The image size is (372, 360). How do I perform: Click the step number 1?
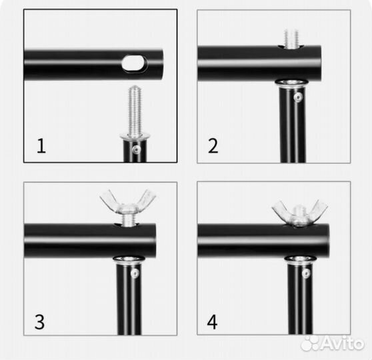[41, 146]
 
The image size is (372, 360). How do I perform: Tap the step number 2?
[213, 146]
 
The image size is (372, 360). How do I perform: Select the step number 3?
[39, 322]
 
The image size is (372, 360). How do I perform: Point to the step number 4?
[212, 322]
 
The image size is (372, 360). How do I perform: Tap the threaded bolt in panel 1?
[135, 111]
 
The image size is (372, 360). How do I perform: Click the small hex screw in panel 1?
[137, 149]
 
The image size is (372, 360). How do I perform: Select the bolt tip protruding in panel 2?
[291, 38]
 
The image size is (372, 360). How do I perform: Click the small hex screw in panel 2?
[298, 97]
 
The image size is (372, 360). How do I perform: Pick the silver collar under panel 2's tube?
[291, 83]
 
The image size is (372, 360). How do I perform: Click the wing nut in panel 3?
[127, 203]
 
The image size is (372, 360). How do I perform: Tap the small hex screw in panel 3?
[135, 273]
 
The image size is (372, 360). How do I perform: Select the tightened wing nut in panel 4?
[299, 213]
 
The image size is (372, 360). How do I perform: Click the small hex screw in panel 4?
[306, 273]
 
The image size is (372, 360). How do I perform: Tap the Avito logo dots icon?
[310, 343]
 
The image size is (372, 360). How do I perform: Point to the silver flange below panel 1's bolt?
[135, 137]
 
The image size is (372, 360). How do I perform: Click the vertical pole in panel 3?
[129, 297]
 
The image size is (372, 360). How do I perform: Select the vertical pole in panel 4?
[300, 297]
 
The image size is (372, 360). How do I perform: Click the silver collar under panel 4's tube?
[300, 259]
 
